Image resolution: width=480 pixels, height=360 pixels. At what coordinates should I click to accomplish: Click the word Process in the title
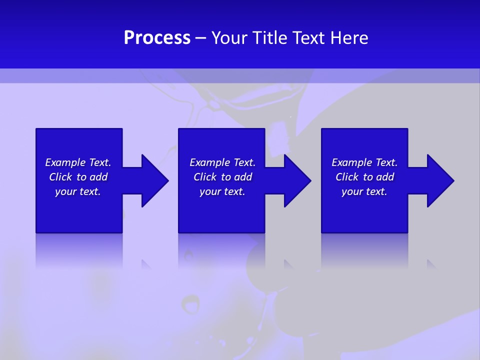(x=157, y=38)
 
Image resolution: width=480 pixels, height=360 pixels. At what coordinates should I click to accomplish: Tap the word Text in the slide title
(x=309, y=38)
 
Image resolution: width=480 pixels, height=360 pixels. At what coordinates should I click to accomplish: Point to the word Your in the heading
(x=230, y=38)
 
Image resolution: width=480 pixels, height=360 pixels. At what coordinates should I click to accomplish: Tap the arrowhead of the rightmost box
(x=444, y=180)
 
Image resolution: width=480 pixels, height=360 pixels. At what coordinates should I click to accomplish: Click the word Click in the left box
(x=60, y=177)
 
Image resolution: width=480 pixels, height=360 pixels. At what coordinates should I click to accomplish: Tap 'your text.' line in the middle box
(x=222, y=191)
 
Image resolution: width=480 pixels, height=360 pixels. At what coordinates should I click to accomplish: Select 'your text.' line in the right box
(x=364, y=191)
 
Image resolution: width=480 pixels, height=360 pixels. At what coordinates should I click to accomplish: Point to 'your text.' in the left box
(x=78, y=191)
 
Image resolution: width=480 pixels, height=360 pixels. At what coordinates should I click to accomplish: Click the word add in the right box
(x=385, y=177)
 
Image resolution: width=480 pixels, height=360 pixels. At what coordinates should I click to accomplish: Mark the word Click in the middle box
(x=205, y=177)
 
